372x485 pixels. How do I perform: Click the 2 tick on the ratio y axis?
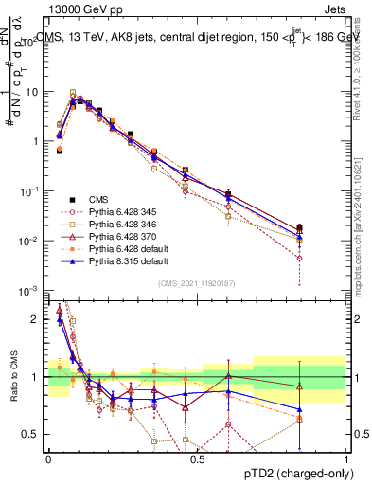point(38,320)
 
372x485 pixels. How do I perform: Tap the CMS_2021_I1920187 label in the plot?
point(197,283)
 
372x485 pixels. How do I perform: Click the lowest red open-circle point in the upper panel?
point(300,258)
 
